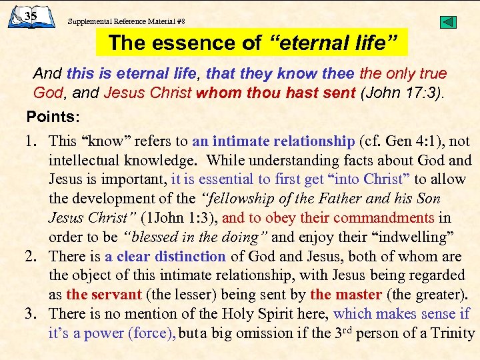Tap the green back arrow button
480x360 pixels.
(449, 22)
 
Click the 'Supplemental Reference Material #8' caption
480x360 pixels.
(126, 21)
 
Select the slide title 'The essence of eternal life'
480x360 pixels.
(253, 43)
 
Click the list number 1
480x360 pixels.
(31, 141)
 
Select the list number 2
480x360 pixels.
(31, 256)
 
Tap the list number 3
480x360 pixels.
(31, 314)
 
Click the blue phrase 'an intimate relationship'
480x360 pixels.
(273, 141)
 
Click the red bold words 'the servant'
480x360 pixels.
(103, 295)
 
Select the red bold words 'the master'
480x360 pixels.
(345, 295)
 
